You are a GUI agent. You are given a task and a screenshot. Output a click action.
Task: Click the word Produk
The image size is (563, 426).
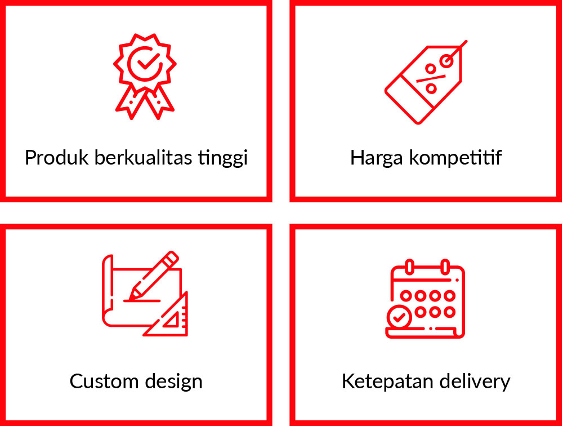coord(56,157)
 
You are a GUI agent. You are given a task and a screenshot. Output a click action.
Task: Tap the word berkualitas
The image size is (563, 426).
coord(143,157)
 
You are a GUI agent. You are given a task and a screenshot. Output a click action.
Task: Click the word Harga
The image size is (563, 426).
coord(376,159)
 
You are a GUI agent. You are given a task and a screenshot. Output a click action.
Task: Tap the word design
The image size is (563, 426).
coord(174,382)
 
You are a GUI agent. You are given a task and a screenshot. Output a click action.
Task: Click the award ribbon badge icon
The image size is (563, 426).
coord(145,76)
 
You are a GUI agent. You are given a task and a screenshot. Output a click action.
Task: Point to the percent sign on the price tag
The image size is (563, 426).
coord(431,79)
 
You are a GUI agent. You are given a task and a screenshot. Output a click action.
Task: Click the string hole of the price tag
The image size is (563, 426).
coord(447,61)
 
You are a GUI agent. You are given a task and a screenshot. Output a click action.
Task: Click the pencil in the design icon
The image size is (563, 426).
coord(154,276)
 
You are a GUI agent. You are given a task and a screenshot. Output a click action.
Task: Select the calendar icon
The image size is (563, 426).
coord(425,299)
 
